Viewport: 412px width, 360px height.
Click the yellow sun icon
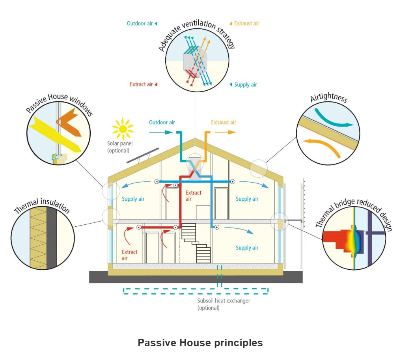point(123,128)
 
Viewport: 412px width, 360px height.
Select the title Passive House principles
point(200,343)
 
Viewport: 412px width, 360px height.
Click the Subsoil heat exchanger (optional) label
point(224,304)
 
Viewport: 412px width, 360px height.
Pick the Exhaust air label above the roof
point(224,122)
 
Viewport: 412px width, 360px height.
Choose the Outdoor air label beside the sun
point(162,122)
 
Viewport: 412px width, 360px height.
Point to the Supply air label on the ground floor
point(247,248)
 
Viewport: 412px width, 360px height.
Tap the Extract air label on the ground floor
point(129,255)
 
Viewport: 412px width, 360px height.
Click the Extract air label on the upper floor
point(193,196)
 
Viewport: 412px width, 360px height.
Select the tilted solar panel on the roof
point(142,156)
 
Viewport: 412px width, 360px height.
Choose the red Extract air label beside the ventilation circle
point(141,84)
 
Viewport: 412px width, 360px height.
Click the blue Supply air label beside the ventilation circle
point(245,84)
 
